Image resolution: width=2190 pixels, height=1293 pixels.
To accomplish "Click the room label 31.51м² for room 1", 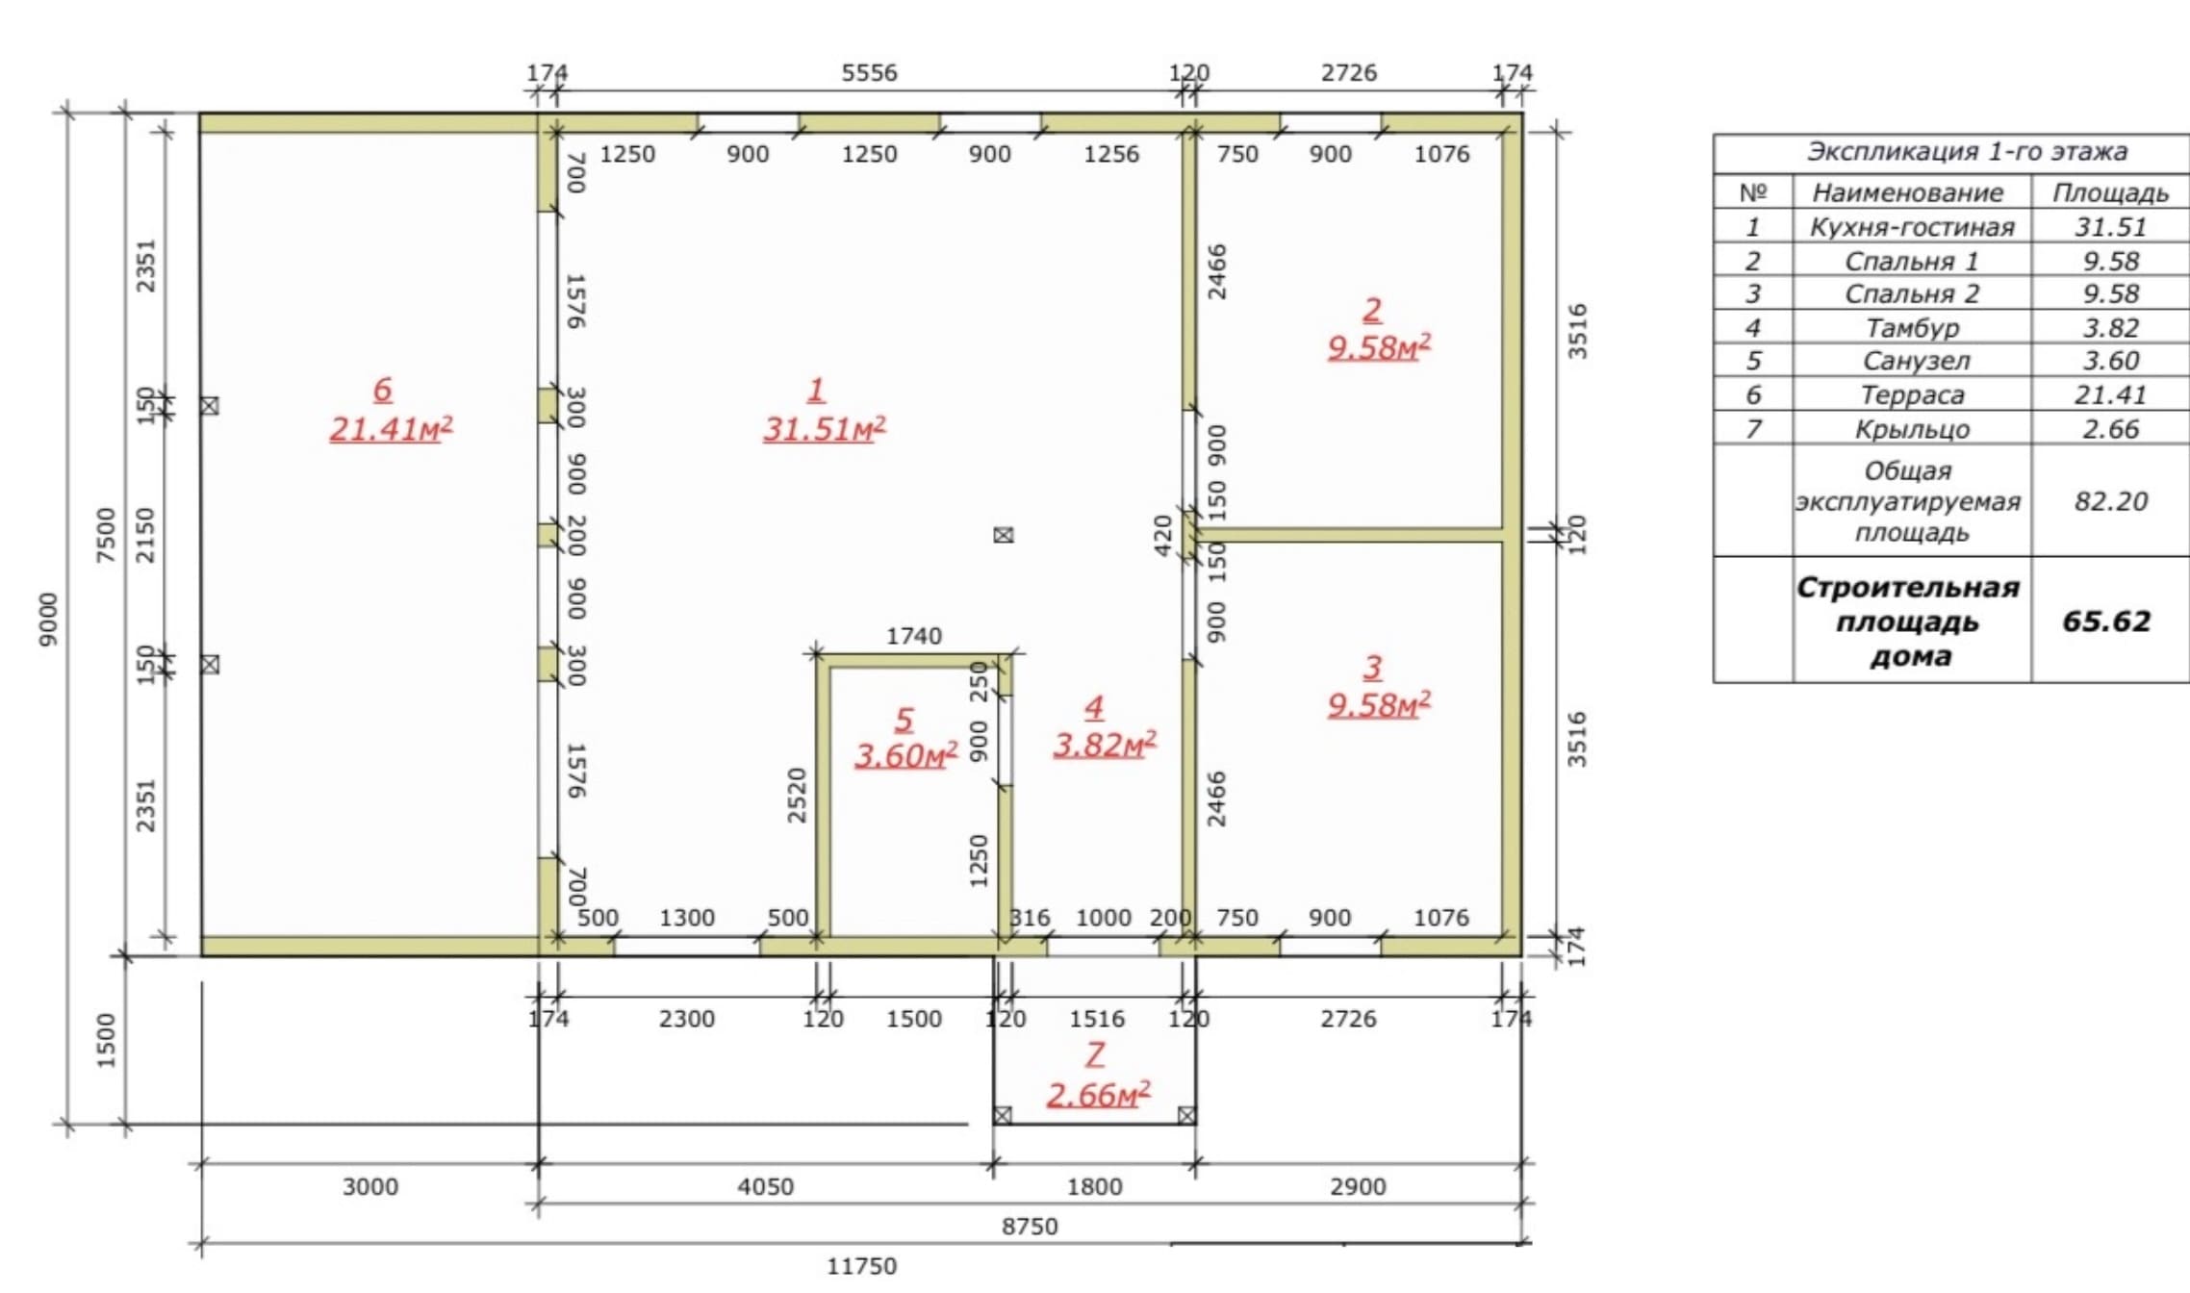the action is tap(825, 428).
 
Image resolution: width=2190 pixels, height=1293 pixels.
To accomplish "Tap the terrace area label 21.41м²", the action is tap(391, 428).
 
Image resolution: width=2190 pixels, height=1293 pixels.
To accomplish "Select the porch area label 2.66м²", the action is tap(1098, 1095).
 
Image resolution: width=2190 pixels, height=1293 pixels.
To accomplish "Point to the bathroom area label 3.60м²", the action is tap(905, 755).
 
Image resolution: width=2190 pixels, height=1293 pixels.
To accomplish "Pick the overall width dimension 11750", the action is tap(862, 1266).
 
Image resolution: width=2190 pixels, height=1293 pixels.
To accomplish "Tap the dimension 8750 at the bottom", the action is tap(1030, 1227).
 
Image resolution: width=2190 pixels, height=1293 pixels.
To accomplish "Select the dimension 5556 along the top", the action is tap(869, 73).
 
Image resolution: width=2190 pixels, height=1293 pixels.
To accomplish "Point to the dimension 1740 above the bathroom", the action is tap(914, 636).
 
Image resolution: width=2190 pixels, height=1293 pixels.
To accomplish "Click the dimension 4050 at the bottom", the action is tap(766, 1187).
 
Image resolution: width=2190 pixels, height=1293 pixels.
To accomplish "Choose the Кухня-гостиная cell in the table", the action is tap(1912, 227).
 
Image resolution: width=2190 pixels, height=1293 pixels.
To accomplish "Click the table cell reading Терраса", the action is tap(1912, 394).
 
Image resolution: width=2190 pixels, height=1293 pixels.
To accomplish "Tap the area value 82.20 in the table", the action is tap(2111, 501).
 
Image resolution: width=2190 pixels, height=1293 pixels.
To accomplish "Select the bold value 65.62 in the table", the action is tap(2106, 621).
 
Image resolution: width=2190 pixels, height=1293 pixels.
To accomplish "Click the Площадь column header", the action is tap(2111, 192).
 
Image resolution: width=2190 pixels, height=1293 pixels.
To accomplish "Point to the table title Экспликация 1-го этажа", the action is tap(1967, 152).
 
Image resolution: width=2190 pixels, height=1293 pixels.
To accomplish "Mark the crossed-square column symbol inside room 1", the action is tap(1004, 535).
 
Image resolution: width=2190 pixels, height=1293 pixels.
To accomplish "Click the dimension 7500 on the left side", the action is tap(106, 535).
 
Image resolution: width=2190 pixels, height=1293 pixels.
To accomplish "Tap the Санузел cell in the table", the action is tap(1916, 361).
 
